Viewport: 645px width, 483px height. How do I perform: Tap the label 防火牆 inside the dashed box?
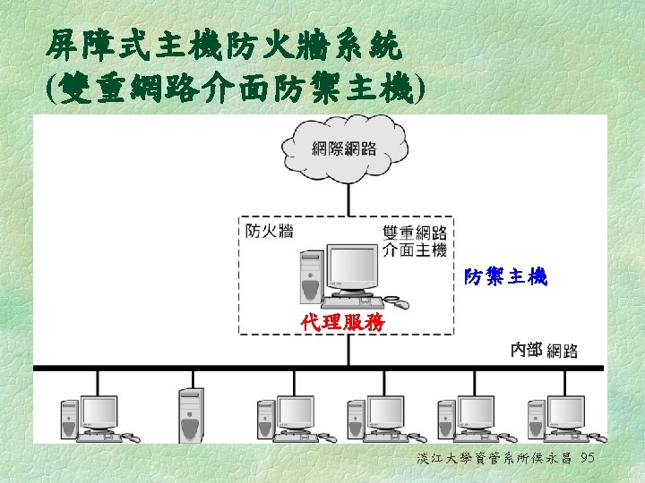270,232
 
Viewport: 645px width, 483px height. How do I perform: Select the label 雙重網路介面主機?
415,241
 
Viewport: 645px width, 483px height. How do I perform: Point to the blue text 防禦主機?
505,278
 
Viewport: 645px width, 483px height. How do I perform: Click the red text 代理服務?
343,322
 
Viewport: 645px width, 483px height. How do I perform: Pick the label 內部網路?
544,350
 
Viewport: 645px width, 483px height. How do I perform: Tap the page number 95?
589,459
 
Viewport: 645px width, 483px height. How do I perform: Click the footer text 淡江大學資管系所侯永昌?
495,459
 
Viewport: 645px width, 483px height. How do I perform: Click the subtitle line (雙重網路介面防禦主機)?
234,88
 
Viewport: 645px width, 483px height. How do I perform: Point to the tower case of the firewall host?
310,277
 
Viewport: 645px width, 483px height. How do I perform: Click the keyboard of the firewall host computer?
354,301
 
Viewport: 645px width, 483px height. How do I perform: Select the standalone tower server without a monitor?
190,415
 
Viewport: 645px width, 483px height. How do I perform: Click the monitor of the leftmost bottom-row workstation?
99,411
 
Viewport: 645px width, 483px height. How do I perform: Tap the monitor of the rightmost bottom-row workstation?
566,411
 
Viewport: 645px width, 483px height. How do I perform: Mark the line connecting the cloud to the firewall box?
345,199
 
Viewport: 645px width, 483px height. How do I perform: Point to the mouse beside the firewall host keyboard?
400,305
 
